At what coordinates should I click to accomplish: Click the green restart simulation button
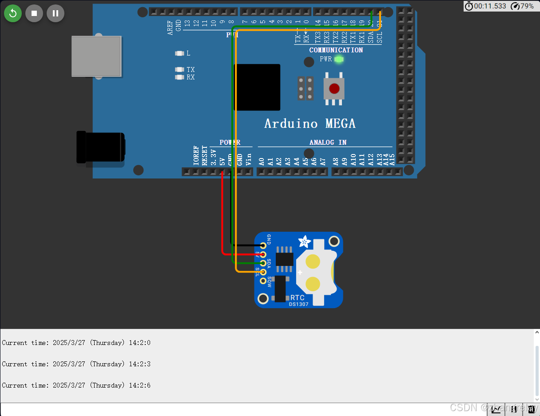[13, 13]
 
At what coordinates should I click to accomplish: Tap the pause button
[56, 13]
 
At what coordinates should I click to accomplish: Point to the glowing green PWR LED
[339, 59]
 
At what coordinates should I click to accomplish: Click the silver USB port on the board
[96, 56]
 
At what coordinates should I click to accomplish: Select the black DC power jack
[100, 147]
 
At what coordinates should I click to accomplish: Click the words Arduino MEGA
[310, 123]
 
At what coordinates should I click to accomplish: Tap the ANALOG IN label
[328, 142]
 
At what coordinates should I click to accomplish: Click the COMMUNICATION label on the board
[336, 50]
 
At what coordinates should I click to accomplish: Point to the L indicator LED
[179, 53]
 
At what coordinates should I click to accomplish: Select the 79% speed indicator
[523, 6]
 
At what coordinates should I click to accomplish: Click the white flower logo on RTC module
[305, 242]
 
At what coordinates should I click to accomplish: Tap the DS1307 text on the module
[298, 304]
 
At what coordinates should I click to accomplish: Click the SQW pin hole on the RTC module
[263, 281]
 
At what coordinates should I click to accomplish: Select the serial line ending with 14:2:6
[76, 385]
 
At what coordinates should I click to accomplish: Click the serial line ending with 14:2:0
[76, 343]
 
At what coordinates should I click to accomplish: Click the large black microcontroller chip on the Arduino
[257, 87]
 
